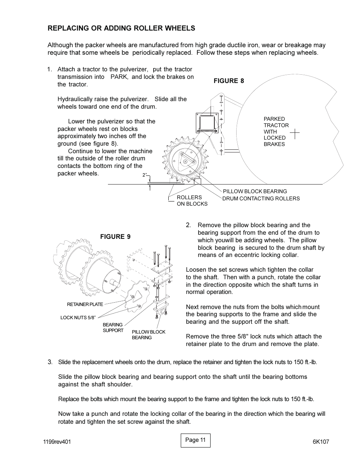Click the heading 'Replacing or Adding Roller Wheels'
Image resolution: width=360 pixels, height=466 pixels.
tap(121, 28)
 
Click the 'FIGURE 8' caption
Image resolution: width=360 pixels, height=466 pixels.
tap(229, 81)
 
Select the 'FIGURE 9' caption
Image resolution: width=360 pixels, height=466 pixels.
tap(115, 237)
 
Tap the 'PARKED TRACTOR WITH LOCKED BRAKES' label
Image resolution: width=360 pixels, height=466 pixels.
tap(276, 131)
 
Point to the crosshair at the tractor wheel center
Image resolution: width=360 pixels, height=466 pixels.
tap(295, 133)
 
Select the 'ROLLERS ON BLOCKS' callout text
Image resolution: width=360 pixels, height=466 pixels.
tap(192, 200)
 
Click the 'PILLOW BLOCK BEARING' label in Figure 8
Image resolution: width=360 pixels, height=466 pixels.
tap(255, 191)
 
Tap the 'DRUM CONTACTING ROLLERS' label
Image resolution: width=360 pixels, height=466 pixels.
tap(261, 198)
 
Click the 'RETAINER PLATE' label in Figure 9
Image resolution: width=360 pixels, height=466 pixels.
tap(85, 305)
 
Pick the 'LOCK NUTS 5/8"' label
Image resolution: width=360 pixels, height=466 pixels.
tap(78, 318)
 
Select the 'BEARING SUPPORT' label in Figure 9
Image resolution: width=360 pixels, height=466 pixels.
tap(113, 328)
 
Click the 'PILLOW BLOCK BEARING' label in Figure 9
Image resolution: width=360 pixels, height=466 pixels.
tap(148, 335)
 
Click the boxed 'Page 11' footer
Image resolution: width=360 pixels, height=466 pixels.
tap(195, 440)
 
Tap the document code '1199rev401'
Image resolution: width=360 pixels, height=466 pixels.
tap(57, 442)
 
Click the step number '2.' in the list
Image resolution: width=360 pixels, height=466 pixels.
tap(188, 225)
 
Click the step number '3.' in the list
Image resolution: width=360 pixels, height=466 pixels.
tap(50, 362)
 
